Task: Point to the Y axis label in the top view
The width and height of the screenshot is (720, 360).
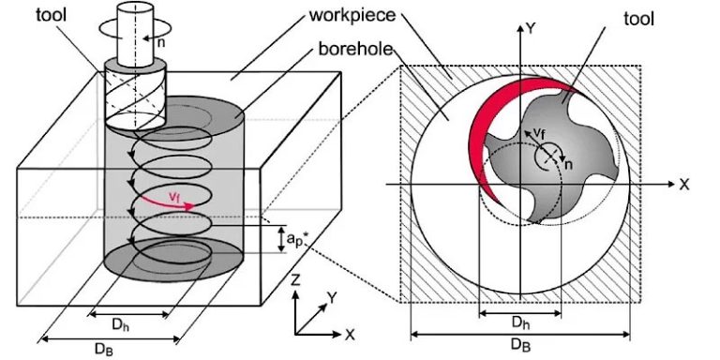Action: (531, 29)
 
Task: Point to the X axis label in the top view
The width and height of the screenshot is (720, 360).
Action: (685, 184)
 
